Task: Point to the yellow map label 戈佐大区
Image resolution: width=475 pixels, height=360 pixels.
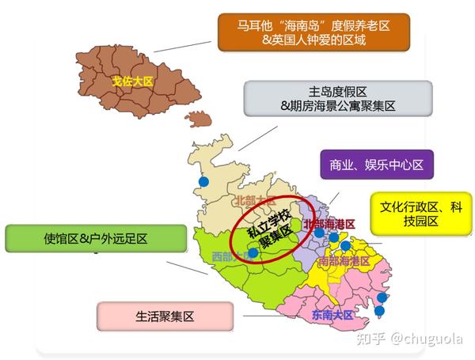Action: tap(131, 81)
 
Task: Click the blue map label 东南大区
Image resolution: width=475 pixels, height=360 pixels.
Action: tap(332, 314)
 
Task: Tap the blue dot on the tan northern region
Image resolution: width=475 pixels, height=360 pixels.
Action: tap(203, 182)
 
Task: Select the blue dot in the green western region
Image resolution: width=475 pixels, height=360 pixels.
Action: tap(253, 253)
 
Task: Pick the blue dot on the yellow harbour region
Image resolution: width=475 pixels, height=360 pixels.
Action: tap(345, 245)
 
